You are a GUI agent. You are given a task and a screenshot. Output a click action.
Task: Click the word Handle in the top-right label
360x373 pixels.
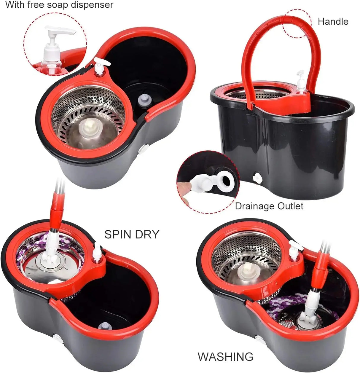(333, 21)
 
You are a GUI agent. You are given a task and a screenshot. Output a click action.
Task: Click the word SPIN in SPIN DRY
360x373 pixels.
(118, 234)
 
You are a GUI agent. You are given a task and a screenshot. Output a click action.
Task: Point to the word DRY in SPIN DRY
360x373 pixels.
(147, 234)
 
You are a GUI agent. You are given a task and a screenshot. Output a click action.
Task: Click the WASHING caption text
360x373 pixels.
(225, 356)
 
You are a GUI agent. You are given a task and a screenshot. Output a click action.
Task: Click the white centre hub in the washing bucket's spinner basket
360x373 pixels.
(246, 272)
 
